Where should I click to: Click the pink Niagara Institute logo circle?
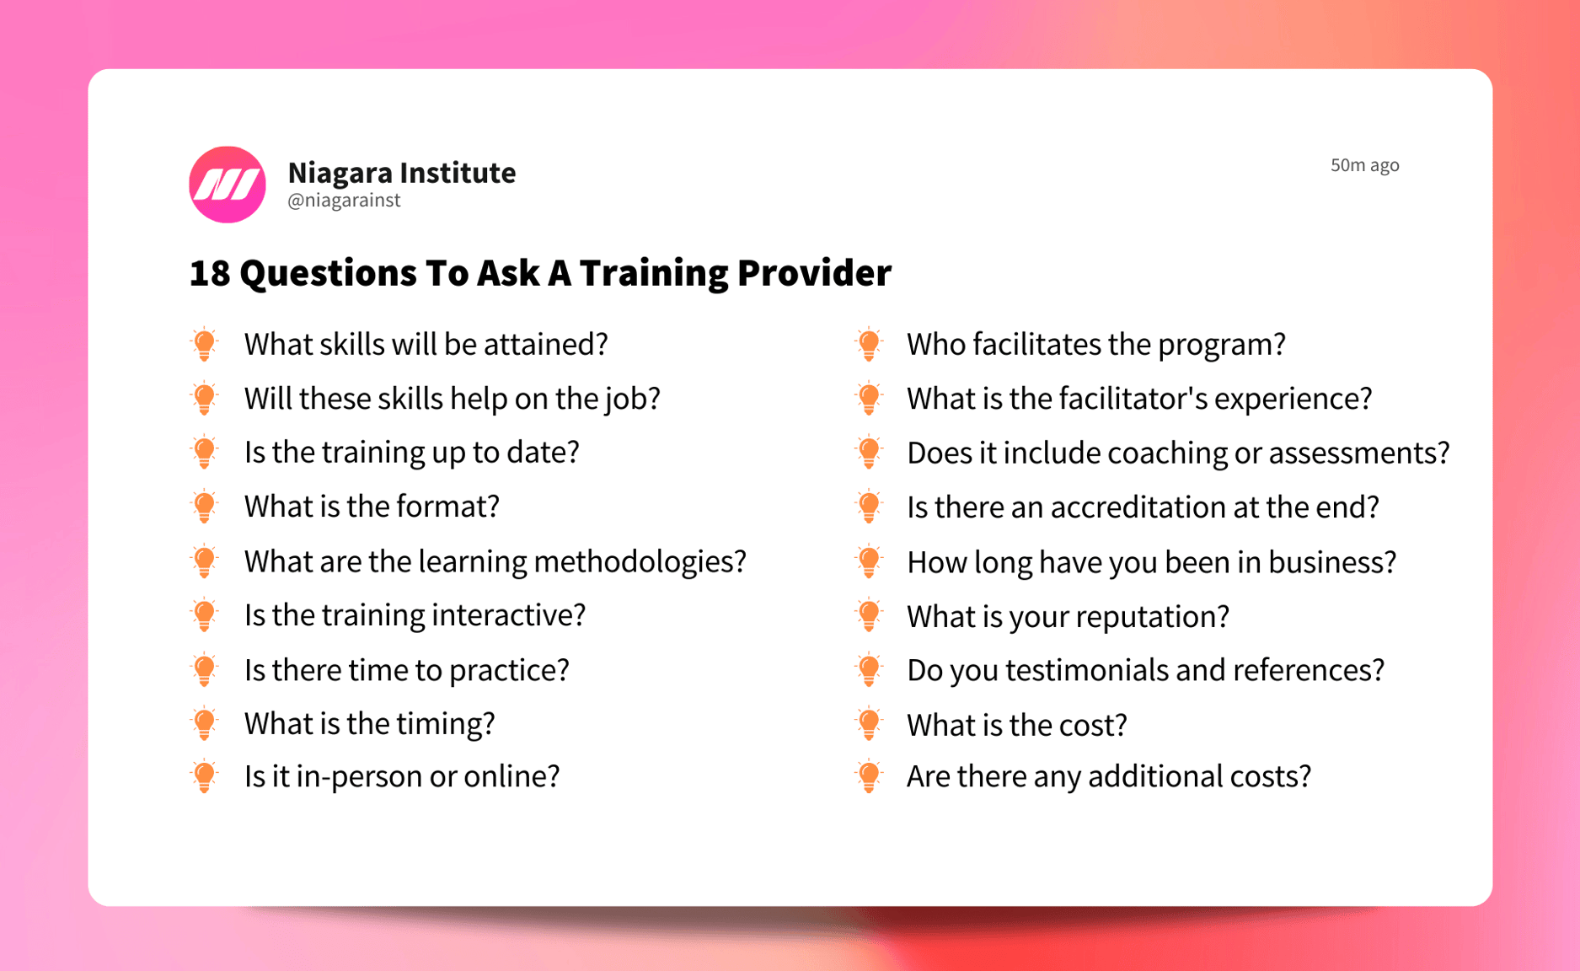[x=227, y=184]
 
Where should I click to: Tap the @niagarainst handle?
[x=344, y=201]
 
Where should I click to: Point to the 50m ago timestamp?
[x=1364, y=165]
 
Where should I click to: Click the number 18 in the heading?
[x=209, y=273]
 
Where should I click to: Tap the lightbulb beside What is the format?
[x=205, y=507]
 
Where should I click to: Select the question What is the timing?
[x=369, y=723]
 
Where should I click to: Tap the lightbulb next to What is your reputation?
[x=869, y=615]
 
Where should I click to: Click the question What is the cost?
[x=1016, y=725]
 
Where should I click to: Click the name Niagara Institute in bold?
[x=401, y=173]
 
